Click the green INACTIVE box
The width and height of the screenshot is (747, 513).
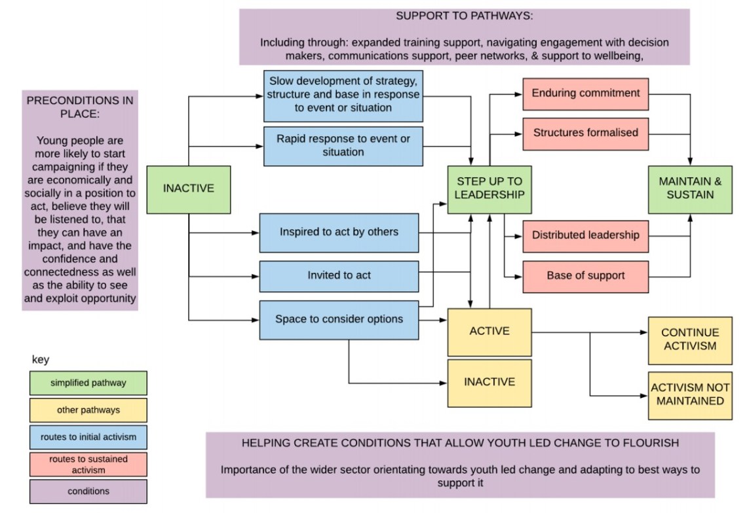click(x=188, y=189)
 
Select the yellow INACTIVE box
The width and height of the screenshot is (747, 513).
click(x=489, y=382)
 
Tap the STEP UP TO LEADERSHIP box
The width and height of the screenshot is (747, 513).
click(x=489, y=189)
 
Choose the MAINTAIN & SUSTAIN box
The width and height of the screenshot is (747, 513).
click(x=690, y=189)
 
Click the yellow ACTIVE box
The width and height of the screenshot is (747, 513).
click(x=489, y=331)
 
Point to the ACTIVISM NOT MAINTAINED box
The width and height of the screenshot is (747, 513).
click(x=690, y=395)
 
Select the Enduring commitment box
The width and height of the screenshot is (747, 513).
click(x=585, y=94)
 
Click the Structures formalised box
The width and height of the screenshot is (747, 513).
click(x=585, y=133)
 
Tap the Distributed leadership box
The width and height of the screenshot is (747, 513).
click(x=585, y=236)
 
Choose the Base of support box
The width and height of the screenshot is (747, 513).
click(x=585, y=276)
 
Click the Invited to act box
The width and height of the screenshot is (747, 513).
click(x=339, y=276)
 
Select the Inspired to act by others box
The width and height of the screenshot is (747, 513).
click(x=339, y=232)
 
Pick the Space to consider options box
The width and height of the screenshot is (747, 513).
click(x=339, y=320)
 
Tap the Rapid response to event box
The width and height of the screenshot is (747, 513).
click(x=343, y=145)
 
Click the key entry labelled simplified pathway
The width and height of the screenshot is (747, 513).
click(x=88, y=383)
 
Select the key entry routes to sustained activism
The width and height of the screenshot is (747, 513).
click(x=88, y=465)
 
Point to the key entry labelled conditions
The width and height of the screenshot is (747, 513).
click(x=88, y=491)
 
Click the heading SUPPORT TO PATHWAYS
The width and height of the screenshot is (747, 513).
click(x=464, y=16)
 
